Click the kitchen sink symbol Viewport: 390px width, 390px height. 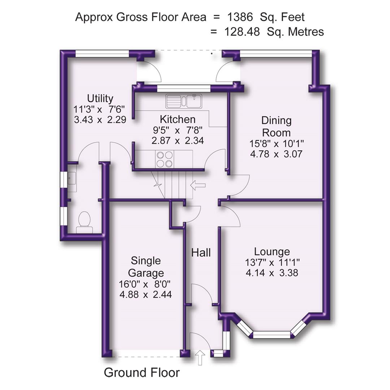coord(184,101)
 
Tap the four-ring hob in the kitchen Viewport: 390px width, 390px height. coord(164,159)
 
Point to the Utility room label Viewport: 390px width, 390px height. coord(100,98)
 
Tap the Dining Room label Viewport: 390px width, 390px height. coord(277,126)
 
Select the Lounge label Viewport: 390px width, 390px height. coord(272,252)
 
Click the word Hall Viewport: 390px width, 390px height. coord(201,252)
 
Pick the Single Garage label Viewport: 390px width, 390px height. coord(146,266)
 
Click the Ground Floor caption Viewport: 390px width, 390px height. coord(142,372)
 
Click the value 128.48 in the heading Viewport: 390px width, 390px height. coord(242,32)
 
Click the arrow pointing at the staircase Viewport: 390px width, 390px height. coord(198,185)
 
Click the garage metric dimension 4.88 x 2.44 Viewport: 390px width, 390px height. coord(146,295)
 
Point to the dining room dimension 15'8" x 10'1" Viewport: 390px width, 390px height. coord(277,143)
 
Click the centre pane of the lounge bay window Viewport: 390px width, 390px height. coord(272,335)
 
